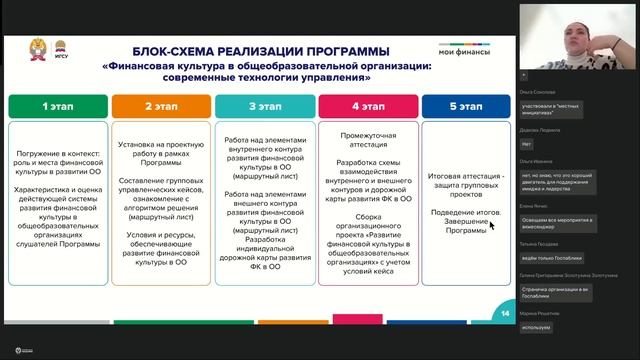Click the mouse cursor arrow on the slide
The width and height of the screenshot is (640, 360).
[x=491, y=225]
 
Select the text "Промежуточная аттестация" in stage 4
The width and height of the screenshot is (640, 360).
[x=363, y=136]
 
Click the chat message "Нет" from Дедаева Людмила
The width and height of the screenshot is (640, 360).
[x=527, y=144]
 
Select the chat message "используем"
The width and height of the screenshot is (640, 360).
[x=538, y=326]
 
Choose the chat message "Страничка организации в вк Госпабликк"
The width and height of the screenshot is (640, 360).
[x=557, y=292]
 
